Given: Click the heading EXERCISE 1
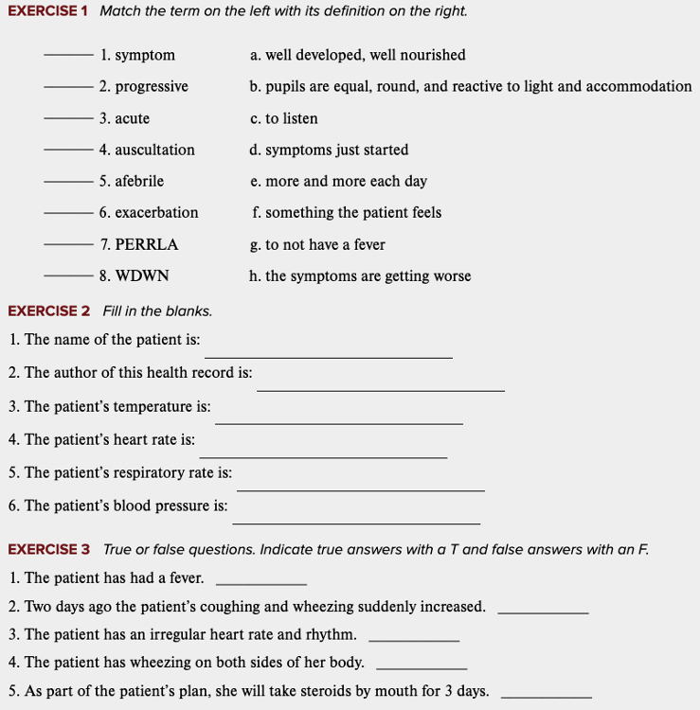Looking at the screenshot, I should click(47, 11).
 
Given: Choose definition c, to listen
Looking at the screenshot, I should click(284, 118).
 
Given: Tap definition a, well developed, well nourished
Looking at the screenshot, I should click(358, 55).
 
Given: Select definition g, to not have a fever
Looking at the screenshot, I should click(317, 244).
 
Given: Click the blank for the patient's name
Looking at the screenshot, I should click(328, 355).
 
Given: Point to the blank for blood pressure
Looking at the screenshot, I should click(356, 522).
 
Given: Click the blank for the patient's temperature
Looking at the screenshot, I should click(338, 422).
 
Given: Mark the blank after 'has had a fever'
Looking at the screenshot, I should click(261, 583).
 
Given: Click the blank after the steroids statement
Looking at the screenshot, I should click(546, 697).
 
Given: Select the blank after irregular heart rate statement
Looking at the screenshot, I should click(413, 640).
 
